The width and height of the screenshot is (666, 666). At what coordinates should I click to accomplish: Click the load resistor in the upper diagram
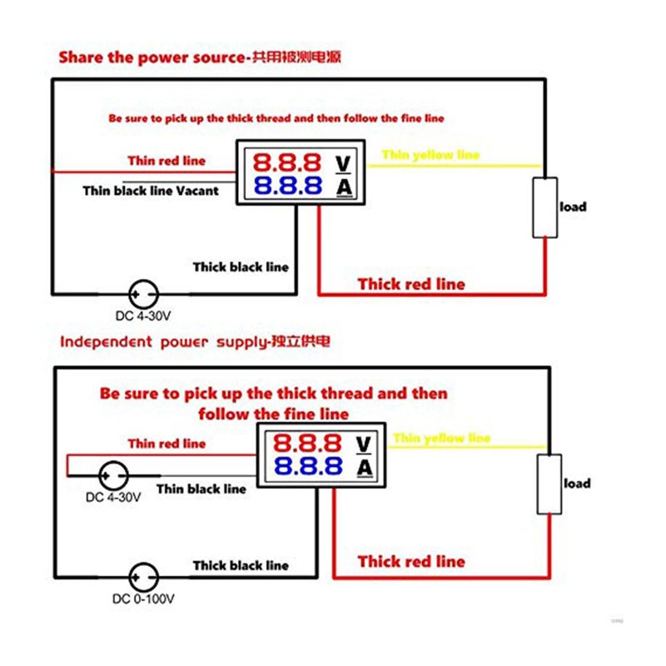tap(545, 207)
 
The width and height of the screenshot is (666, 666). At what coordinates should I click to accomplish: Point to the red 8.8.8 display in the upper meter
tap(287, 162)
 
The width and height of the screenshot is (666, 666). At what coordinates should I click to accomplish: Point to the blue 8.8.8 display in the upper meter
tap(287, 185)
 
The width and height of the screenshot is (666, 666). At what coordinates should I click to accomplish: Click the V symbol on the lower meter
tap(364, 442)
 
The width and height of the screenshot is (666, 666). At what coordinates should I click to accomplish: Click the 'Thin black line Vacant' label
tap(151, 191)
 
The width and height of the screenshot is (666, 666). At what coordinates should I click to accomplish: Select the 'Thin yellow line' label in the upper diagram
tap(430, 155)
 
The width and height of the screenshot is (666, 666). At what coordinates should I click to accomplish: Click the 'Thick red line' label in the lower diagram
tap(411, 561)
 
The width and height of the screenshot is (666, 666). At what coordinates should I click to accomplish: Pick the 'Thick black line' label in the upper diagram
tap(241, 267)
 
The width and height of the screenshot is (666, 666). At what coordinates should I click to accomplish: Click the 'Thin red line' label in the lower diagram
tap(166, 444)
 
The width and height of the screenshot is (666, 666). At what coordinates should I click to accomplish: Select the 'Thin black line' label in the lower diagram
tap(201, 489)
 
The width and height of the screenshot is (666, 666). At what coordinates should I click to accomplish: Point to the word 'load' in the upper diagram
tap(573, 206)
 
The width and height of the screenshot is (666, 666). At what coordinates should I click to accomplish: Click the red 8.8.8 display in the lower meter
tap(308, 442)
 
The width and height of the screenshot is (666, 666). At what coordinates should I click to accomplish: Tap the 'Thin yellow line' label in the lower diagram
tap(441, 438)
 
